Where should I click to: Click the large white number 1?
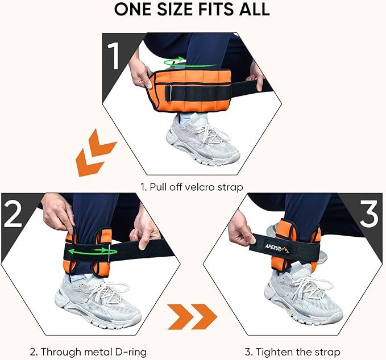point(114,56)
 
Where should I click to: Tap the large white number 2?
point(13,213)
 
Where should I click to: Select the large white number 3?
point(368,213)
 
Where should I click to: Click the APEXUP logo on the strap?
point(277,248)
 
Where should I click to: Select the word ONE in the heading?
point(133,9)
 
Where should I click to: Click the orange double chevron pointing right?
point(192,317)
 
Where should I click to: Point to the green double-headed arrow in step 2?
point(92,252)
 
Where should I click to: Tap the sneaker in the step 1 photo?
point(202,140)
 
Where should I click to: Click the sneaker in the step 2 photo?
point(98,301)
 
